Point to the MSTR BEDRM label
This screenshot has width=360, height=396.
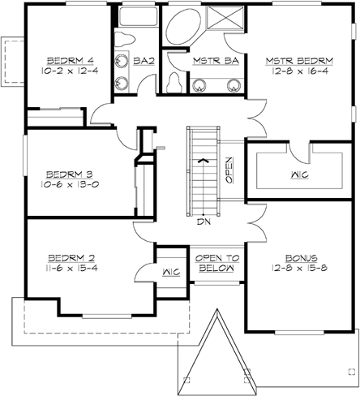point(299,61)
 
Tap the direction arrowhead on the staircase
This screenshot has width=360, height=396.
point(207,160)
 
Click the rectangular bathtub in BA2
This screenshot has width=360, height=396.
point(136,19)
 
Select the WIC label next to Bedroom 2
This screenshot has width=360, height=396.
point(170,271)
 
